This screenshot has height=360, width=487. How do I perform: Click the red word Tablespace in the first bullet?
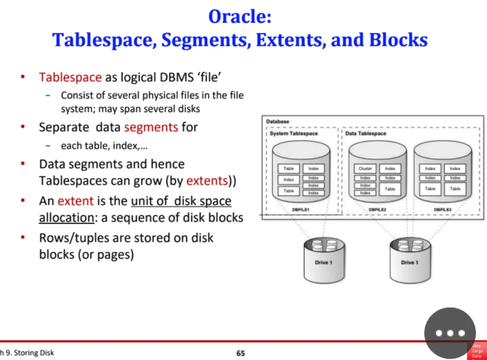click(70, 77)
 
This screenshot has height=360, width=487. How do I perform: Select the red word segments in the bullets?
click(152, 127)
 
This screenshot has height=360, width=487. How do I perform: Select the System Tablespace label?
click(293, 134)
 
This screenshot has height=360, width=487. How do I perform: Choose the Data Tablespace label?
click(366, 134)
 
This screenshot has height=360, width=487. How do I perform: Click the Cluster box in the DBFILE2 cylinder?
click(365, 168)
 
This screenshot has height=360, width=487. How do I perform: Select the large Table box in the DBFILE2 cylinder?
click(390, 188)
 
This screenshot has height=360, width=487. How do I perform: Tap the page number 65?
click(240, 353)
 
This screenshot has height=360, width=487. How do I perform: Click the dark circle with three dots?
click(450, 332)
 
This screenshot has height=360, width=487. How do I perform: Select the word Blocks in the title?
click(395, 40)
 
